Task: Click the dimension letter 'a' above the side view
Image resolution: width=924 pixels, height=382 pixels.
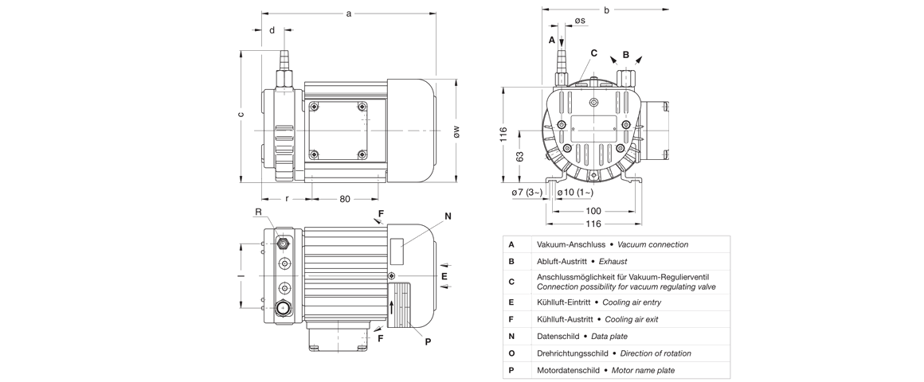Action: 348,14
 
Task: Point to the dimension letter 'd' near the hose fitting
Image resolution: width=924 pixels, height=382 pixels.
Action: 272,31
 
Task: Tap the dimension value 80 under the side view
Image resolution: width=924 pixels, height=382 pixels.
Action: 345,199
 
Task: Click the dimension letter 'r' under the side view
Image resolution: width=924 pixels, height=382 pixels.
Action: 287,199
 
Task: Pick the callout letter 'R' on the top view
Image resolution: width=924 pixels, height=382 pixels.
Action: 258,212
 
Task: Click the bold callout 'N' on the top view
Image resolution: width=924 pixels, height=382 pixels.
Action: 448,216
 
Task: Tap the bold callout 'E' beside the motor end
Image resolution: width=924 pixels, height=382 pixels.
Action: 444,277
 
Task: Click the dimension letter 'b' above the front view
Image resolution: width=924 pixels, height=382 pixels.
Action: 606,10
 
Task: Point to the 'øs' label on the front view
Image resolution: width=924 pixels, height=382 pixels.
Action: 580,21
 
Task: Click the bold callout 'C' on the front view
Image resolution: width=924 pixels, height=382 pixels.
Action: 593,53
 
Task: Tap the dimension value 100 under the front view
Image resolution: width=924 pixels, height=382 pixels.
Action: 593,211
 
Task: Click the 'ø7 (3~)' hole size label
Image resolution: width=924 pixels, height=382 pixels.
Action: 527,193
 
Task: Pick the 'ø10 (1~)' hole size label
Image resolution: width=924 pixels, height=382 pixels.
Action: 574,193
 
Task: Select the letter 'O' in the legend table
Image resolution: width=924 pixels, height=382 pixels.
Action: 511,353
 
